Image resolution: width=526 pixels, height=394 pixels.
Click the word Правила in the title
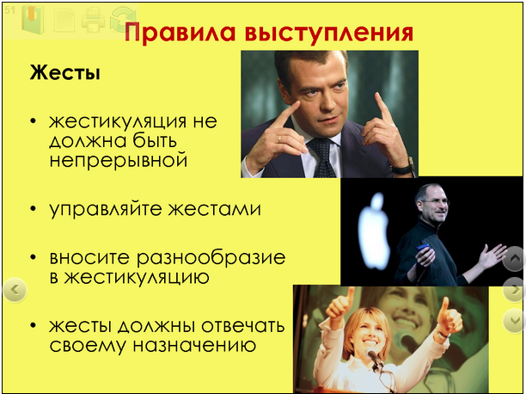(180, 33)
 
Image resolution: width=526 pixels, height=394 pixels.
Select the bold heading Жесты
(64, 72)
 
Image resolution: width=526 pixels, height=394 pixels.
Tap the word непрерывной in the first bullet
(119, 160)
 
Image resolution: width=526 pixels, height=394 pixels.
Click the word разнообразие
(211, 258)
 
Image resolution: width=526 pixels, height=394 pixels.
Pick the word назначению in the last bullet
(195, 345)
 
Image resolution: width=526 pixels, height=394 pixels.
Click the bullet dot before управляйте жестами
(33, 208)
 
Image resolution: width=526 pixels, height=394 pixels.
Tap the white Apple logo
(373, 231)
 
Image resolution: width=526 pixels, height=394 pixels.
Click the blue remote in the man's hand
(424, 247)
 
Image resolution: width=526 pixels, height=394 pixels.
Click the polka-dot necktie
(322, 157)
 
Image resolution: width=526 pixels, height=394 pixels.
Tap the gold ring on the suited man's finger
(279, 139)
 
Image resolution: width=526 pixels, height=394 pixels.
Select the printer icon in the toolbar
(93, 20)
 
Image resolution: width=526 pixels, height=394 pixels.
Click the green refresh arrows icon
(123, 20)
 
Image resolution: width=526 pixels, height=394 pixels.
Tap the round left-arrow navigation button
(15, 290)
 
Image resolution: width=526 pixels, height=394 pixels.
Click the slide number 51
(9, 10)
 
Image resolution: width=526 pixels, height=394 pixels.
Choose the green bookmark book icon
(33, 19)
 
